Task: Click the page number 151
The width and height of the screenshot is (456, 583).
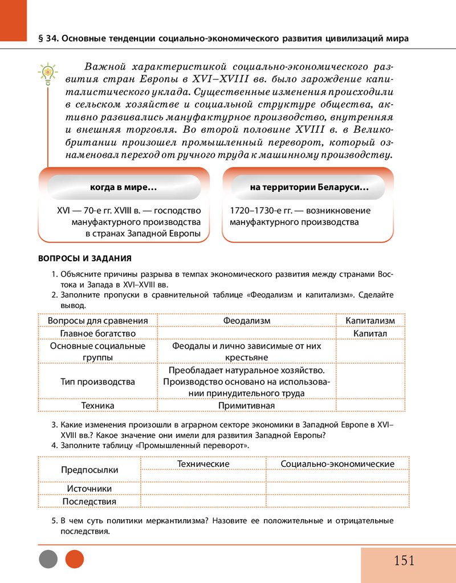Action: click(404, 561)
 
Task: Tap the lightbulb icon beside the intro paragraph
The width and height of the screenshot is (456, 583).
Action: click(48, 72)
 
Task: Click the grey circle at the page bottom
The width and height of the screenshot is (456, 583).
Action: click(48, 559)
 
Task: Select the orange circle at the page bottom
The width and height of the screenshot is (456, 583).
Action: click(75, 559)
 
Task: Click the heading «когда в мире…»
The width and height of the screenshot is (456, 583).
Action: click(124, 187)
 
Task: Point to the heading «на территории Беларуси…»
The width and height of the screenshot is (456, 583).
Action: click(308, 187)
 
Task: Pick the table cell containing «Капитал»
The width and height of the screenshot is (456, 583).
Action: click(370, 332)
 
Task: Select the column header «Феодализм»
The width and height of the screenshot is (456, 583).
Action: click(246, 321)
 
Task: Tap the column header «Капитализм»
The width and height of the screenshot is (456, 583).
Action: click(370, 321)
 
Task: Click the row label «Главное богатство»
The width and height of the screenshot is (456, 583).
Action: click(97, 332)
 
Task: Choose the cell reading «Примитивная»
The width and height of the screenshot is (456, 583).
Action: click(246, 405)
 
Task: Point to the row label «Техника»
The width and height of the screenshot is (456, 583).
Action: click(97, 405)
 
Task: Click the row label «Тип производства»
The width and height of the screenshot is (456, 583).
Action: click(97, 381)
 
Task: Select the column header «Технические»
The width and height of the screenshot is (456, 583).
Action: click(203, 464)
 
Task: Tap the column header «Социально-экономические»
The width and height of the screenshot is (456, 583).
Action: click(337, 464)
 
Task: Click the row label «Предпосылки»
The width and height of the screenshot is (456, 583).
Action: click(89, 470)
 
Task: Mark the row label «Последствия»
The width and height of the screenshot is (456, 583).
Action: click(89, 502)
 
